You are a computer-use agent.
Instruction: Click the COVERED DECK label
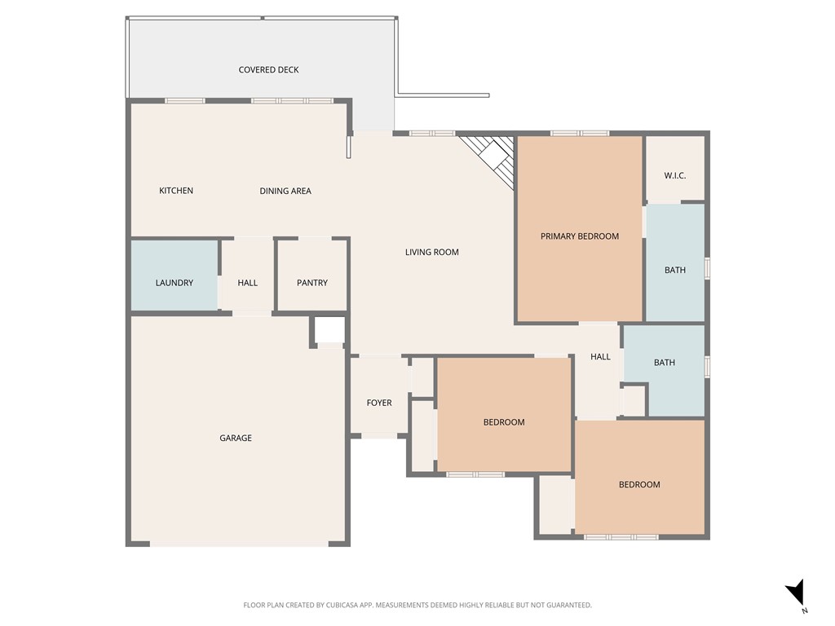click(268, 70)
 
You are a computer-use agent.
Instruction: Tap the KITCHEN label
click(176, 191)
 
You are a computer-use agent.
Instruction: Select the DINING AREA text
click(285, 191)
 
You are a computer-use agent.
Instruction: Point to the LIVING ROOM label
click(432, 252)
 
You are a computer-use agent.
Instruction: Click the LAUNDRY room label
click(175, 283)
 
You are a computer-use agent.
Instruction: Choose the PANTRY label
click(312, 283)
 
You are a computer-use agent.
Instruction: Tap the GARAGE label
click(236, 438)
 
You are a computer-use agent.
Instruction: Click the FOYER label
click(379, 403)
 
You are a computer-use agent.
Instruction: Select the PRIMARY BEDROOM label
click(580, 236)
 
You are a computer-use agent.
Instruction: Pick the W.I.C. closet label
click(675, 175)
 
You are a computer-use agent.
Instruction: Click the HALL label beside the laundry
click(248, 283)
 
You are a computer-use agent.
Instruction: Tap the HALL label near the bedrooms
click(600, 356)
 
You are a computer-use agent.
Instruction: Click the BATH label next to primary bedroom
click(675, 270)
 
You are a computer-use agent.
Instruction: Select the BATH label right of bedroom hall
click(665, 362)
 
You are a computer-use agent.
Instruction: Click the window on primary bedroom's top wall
click(579, 133)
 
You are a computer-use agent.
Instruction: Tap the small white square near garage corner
click(330, 330)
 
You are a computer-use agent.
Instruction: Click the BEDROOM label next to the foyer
click(504, 422)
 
